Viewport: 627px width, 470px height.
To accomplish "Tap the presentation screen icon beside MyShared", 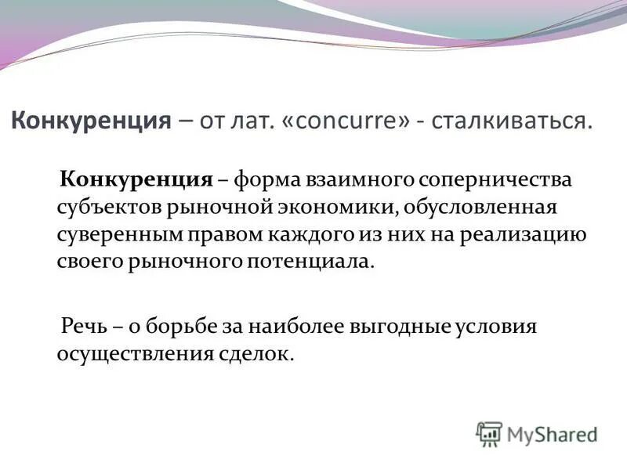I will [x=489, y=433].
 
